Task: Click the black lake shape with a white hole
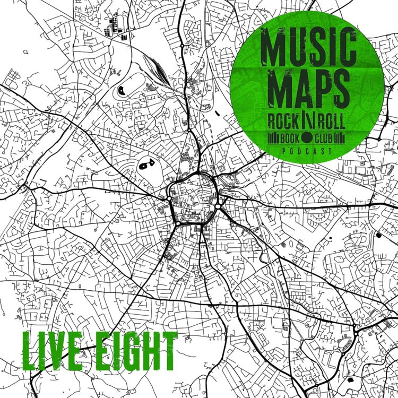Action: [x=145, y=166]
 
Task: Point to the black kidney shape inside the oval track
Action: [x=122, y=90]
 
